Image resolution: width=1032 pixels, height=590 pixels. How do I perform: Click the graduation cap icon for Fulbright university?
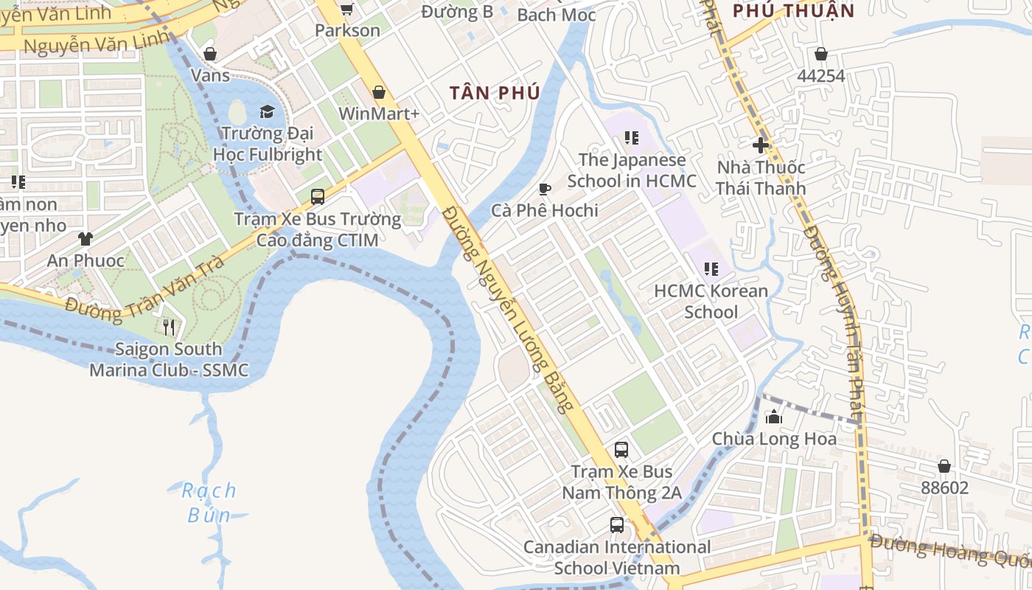(267, 111)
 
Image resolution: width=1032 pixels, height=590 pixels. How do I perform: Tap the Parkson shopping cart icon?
(346, 9)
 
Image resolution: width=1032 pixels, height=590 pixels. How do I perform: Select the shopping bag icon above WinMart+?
(379, 92)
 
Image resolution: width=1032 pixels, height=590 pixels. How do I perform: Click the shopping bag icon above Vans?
(210, 54)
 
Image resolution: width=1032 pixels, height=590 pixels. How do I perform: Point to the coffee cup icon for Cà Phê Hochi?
(545, 190)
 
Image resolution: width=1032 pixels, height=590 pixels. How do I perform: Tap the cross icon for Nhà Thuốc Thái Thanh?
(761, 145)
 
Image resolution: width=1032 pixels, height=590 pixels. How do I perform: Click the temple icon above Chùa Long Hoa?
(774, 417)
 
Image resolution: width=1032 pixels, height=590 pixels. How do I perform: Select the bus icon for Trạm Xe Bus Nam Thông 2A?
(621, 449)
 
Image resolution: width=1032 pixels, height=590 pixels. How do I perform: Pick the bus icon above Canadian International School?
(617, 525)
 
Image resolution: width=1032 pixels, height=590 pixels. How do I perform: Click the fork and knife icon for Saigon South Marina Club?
(169, 327)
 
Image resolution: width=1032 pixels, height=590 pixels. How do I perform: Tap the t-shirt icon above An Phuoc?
(86, 239)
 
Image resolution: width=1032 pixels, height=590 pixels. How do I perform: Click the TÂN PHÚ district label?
(495, 93)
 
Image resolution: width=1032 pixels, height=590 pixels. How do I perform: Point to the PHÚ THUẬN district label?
(793, 10)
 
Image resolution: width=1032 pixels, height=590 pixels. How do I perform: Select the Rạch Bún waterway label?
(209, 502)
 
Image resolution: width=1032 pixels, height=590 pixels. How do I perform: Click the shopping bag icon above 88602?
(944, 466)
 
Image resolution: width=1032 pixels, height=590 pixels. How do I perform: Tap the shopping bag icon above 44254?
(821, 54)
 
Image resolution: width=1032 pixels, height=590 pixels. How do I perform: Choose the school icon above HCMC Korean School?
(711, 269)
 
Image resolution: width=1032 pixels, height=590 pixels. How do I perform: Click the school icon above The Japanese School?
(631, 138)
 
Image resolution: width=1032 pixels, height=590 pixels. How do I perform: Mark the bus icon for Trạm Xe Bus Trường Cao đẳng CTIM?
(318, 197)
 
